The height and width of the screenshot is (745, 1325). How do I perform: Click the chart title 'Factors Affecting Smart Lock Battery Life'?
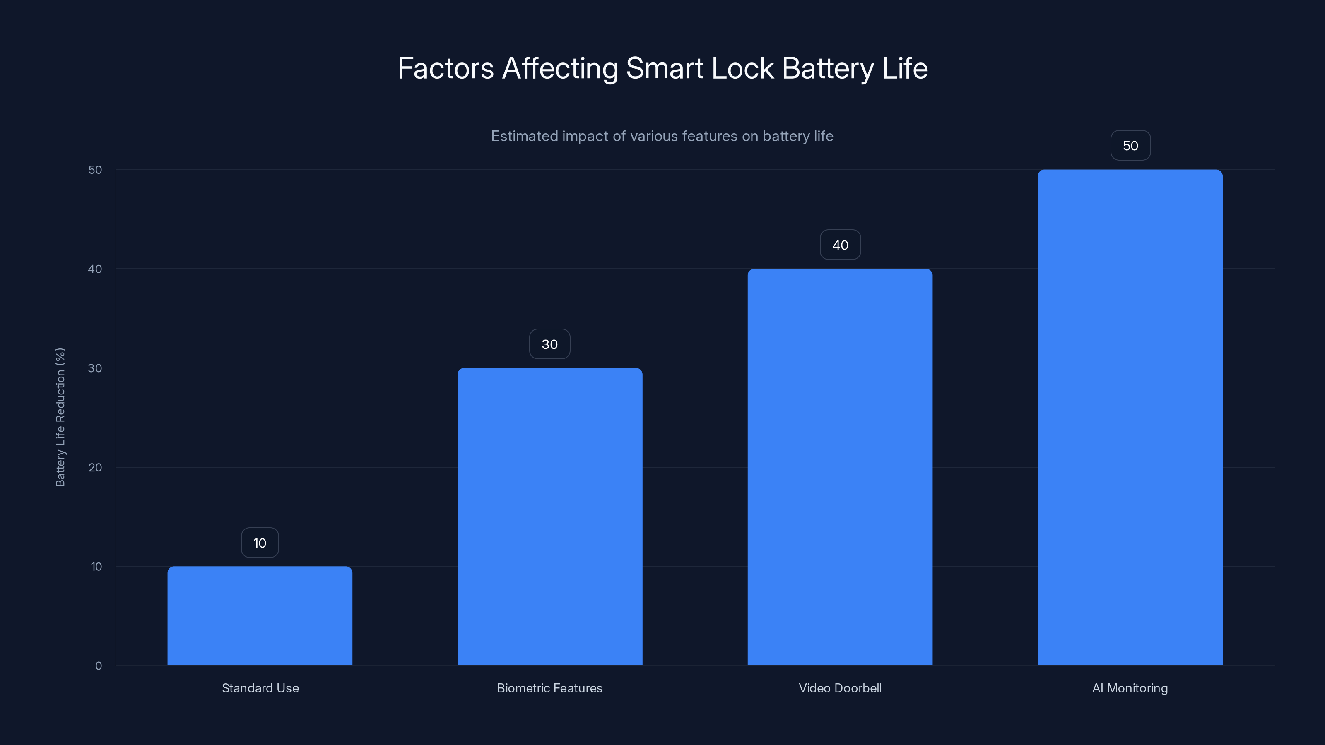[662, 68]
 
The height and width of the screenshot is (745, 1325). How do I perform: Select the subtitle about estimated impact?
[662, 136]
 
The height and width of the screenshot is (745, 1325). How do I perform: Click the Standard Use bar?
[260, 615]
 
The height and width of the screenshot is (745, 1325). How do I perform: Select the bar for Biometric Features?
[550, 516]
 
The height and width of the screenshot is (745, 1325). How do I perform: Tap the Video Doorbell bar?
[840, 467]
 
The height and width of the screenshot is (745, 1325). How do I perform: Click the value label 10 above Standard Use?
[260, 543]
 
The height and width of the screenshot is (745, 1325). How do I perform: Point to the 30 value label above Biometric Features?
[550, 344]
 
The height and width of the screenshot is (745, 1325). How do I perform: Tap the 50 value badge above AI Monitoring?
[1130, 146]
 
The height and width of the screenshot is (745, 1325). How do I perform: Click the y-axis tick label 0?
[98, 666]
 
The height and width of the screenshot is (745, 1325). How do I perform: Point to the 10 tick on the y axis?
[96, 567]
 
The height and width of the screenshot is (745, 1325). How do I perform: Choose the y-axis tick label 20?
[95, 467]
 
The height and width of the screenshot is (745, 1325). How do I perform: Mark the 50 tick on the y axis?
[95, 170]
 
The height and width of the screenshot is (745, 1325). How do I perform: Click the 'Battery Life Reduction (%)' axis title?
[60, 417]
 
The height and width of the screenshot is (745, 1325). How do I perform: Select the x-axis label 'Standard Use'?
[260, 688]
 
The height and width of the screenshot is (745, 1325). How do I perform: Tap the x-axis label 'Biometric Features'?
[549, 688]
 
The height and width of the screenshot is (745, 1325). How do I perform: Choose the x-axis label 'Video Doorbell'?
[840, 688]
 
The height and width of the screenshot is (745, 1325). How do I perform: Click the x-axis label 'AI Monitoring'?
[1130, 688]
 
